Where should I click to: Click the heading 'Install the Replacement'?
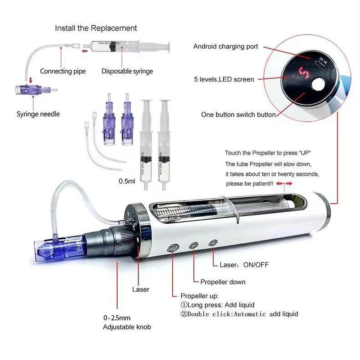tap(96, 28)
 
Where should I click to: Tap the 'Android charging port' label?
tap(226, 46)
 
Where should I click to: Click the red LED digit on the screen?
tap(303, 72)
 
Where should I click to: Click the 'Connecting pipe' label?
tap(62, 71)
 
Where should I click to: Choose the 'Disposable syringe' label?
tap(127, 71)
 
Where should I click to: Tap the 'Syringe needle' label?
tap(38, 113)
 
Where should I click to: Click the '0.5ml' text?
tap(127, 181)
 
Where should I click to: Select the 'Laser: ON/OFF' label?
tap(241, 265)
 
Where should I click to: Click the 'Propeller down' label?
tap(223, 282)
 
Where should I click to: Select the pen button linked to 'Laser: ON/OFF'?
tap(212, 243)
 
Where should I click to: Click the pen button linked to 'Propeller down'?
tap(194, 246)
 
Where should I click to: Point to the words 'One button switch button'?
tap(238, 115)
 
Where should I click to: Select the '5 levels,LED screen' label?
tap(224, 80)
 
